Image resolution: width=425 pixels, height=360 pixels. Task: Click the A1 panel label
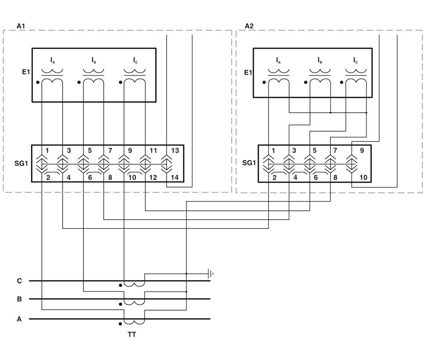pos(20,25)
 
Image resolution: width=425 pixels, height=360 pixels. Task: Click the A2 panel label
pos(249,25)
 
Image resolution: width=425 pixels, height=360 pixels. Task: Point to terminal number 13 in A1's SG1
pos(175,151)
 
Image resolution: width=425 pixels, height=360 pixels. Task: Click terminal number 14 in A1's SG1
pos(175,178)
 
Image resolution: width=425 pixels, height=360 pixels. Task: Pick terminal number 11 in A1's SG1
pos(154,151)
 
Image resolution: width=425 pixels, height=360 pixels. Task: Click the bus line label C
pos(19,281)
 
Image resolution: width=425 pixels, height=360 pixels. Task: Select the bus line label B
pos(19,299)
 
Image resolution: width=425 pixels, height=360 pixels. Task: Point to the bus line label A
pos(19,319)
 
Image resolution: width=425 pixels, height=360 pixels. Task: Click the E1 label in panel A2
pos(247,73)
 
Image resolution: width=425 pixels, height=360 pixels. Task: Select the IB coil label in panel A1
pos(94,60)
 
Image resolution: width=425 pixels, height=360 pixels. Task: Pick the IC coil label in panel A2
pos(356,60)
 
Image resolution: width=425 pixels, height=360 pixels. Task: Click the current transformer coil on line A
pos(134,321)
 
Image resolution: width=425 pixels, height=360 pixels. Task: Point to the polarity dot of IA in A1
pos(37,82)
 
